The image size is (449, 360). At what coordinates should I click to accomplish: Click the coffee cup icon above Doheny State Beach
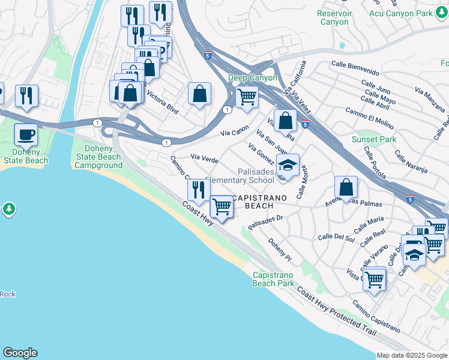click(x=26, y=135)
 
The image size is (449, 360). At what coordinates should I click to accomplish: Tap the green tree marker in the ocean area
click(x=8, y=209)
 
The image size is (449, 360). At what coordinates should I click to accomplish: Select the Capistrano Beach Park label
click(x=273, y=278)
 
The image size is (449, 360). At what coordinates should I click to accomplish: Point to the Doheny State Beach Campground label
click(x=98, y=157)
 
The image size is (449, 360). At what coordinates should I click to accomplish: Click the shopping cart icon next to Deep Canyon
click(x=247, y=97)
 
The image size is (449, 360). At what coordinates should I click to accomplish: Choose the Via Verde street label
click(x=204, y=158)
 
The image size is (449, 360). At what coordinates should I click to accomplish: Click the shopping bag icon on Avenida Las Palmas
click(x=346, y=188)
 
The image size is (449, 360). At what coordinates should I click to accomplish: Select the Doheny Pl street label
click(x=280, y=251)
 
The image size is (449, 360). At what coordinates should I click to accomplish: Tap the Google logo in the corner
click(x=20, y=353)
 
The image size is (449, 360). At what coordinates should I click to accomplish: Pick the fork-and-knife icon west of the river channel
click(x=26, y=96)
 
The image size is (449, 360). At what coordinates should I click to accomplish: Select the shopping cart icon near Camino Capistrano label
click(x=375, y=279)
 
